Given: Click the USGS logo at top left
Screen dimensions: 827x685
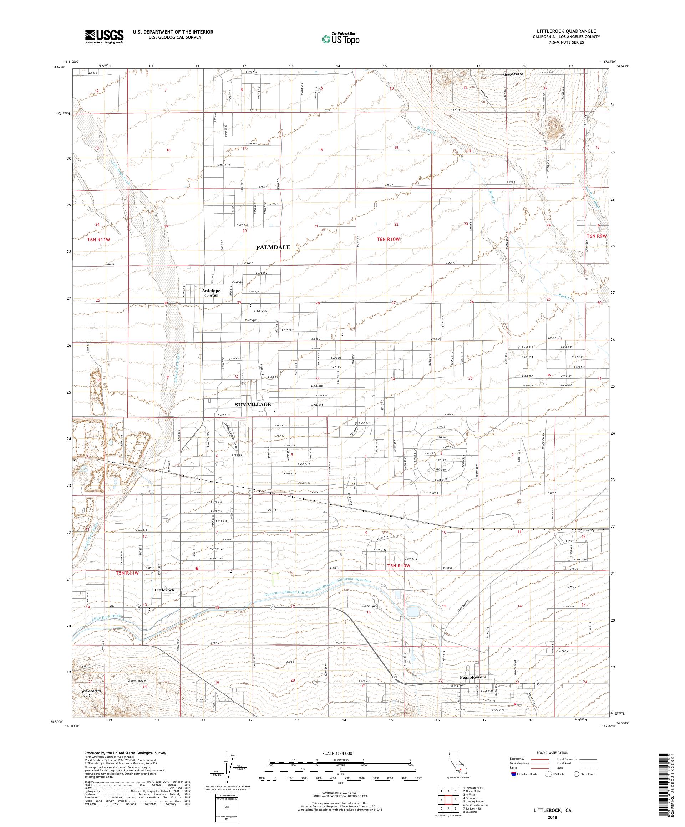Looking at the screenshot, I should pyautogui.click(x=104, y=37).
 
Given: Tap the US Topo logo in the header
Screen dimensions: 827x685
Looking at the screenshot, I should pyautogui.click(x=341, y=38).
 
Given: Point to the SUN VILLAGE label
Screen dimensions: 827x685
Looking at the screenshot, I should pyautogui.click(x=253, y=405).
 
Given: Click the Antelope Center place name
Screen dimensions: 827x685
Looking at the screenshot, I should pyautogui.click(x=211, y=293).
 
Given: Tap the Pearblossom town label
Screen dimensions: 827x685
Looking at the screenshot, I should pyautogui.click(x=473, y=677).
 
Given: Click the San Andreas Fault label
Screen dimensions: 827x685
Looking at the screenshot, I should pyautogui.click(x=91, y=693).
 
